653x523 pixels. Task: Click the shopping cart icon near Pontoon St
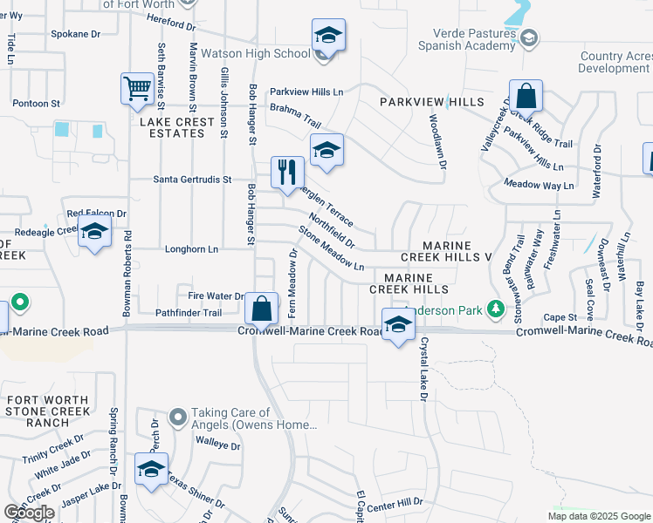(138, 88)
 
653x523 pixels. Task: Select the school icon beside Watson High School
(329, 37)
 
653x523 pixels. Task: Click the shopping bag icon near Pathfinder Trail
(262, 308)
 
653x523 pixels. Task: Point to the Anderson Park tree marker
(496, 309)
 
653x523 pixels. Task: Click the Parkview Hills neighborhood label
(431, 103)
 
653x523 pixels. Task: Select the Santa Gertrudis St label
(192, 180)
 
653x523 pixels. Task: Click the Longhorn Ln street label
(191, 249)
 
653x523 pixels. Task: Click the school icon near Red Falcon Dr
(94, 233)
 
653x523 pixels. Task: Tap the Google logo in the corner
(30, 513)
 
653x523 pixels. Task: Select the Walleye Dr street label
(217, 445)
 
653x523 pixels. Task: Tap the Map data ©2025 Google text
(600, 516)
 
